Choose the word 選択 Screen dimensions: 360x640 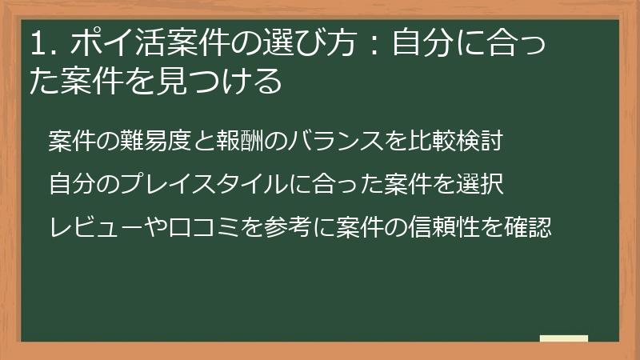pos(479,184)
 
